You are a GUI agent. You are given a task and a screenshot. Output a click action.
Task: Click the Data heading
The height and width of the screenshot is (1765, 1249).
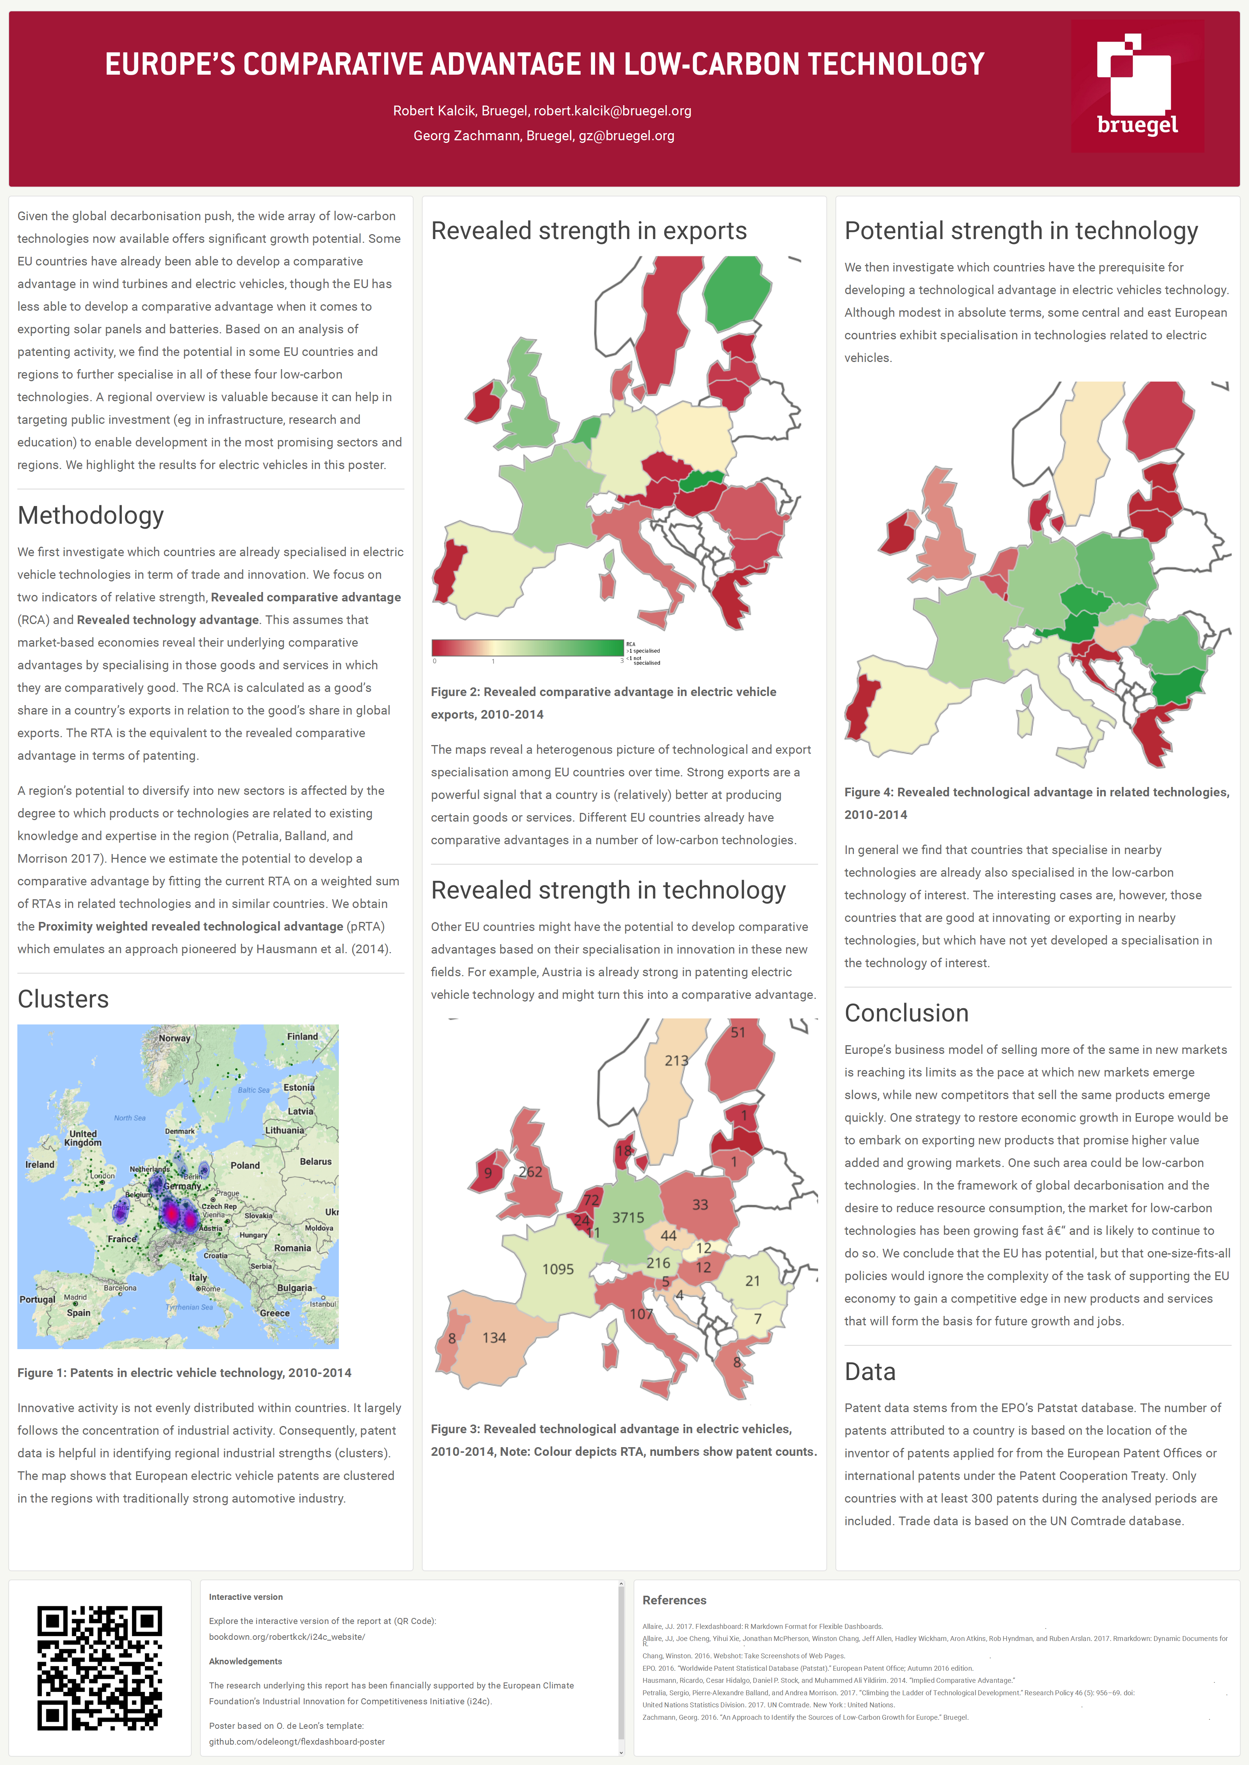click(x=870, y=1371)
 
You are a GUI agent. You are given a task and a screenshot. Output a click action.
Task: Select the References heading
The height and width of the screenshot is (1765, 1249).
click(x=674, y=1600)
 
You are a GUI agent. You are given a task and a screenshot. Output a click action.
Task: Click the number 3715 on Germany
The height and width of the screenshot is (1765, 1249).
click(x=628, y=1218)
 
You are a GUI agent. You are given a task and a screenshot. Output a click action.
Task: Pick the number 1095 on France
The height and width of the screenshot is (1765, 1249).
click(x=558, y=1269)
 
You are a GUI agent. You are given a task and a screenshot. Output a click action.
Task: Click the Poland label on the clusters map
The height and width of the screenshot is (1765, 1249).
click(x=245, y=1165)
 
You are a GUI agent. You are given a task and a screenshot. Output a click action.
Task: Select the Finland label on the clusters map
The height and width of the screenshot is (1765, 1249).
click(x=302, y=1036)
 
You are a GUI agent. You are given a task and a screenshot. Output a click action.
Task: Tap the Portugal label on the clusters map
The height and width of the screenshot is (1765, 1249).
click(x=37, y=1300)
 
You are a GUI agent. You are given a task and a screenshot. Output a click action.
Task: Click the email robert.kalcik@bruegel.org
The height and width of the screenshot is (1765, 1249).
click(x=612, y=111)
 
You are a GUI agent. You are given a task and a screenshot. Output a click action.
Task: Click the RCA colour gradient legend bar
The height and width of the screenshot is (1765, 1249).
click(x=528, y=647)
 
